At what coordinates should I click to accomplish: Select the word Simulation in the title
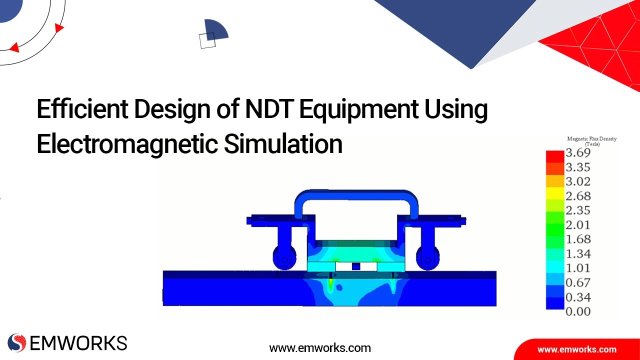(283, 144)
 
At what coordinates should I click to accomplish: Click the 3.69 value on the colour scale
(577, 152)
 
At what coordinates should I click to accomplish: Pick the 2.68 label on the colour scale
(577, 196)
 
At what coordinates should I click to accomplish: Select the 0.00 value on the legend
(577, 311)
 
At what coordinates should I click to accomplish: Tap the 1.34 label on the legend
(577, 254)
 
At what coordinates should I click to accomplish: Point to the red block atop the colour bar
(554, 155)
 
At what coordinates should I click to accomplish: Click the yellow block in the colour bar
(554, 193)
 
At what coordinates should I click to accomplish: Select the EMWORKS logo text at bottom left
(78, 343)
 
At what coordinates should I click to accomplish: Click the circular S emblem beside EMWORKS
(17, 343)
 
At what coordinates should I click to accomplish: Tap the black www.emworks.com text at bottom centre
(320, 347)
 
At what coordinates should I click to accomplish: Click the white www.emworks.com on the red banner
(576, 349)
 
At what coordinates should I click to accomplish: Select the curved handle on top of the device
(356, 196)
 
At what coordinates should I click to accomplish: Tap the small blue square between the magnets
(355, 266)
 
